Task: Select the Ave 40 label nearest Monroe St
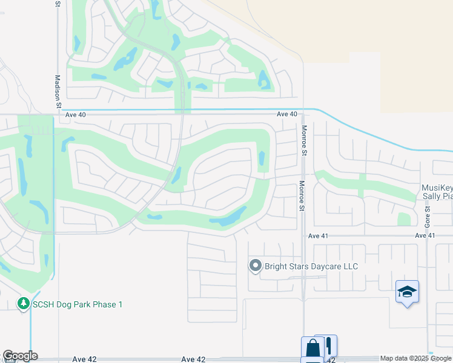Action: coord(287,114)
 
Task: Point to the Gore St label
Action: coord(427,216)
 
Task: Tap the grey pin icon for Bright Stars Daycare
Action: coord(255,266)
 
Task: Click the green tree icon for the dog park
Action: coord(24,303)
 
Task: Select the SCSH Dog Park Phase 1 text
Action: coord(78,304)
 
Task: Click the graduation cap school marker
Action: coord(407,292)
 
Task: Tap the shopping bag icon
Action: coord(312,348)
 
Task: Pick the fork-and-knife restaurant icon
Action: coord(328,346)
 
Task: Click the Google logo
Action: coord(19,356)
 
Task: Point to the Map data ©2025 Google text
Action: coord(416,359)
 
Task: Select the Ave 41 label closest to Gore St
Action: coord(425,235)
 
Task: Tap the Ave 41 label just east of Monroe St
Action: coord(317,235)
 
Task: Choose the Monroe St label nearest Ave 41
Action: coord(301,196)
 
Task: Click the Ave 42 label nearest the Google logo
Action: coord(84,359)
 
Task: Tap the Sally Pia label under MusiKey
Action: coord(437,197)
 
